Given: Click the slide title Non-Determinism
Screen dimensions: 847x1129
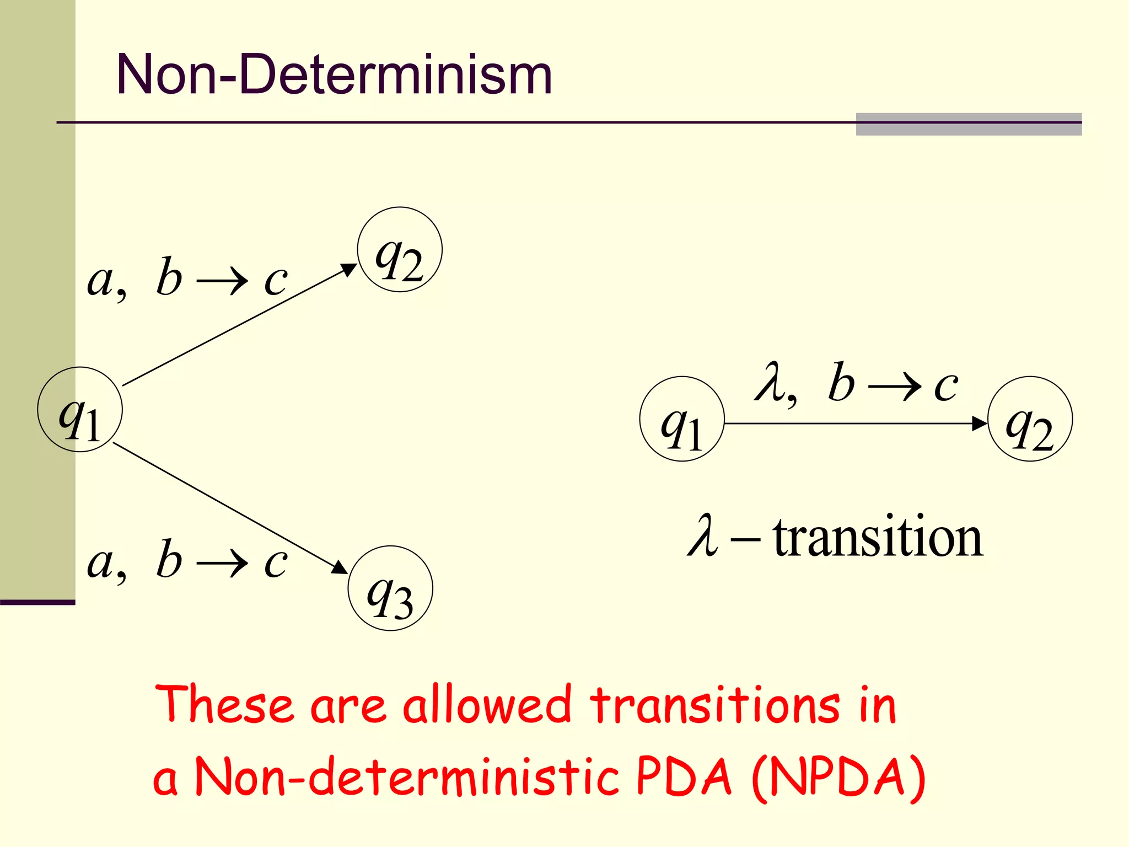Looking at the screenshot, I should pyautogui.click(x=334, y=74).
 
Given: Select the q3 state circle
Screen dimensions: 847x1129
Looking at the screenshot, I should pyautogui.click(x=390, y=588).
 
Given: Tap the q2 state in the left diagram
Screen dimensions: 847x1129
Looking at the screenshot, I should pyautogui.click(x=400, y=250).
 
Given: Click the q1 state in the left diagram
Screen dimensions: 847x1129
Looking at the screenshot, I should pyautogui.click(x=80, y=410).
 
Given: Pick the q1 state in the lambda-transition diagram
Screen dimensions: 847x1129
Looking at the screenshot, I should pyautogui.click(x=682, y=419).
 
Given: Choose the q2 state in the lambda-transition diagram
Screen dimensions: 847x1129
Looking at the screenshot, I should pyautogui.click(x=1030, y=419).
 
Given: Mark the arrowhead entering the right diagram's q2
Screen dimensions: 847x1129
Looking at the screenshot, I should pyautogui.click(x=979, y=423).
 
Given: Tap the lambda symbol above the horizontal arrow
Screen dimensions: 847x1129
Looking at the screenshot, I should pyautogui.click(x=770, y=382).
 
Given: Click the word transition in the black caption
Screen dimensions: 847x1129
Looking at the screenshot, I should pyautogui.click(x=878, y=537).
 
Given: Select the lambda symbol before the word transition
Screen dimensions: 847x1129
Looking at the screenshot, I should pyautogui.click(x=703, y=536).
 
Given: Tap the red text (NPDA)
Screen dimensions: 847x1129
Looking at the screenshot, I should pyautogui.click(x=838, y=777).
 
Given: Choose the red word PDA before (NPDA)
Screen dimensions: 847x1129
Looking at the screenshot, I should pyautogui.click(x=684, y=777).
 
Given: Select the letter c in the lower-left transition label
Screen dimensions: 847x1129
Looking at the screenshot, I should pyautogui.click(x=276, y=563).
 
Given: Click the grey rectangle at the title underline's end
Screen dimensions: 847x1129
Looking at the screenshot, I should pyautogui.click(x=969, y=124).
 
